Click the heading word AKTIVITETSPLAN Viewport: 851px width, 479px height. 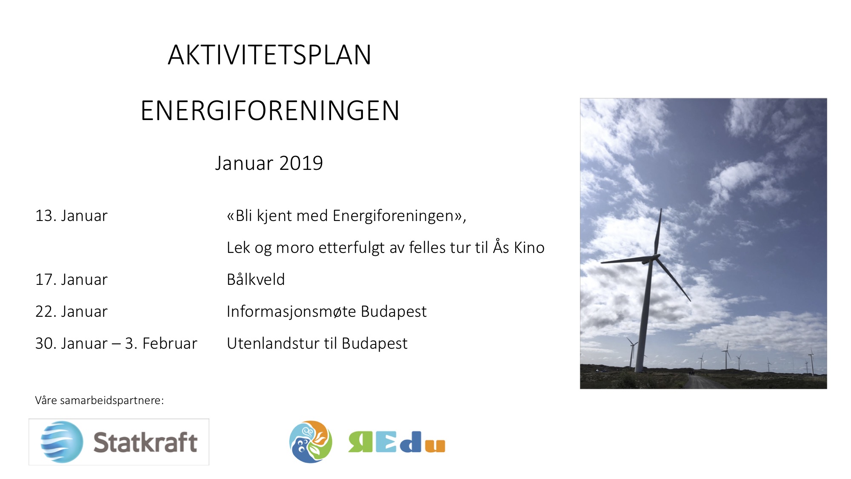269,55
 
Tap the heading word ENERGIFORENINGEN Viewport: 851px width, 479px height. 270,111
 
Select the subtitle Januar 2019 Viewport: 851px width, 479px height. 269,163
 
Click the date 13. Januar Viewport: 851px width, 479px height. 71,216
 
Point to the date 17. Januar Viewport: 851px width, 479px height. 71,280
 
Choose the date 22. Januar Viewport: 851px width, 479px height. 71,312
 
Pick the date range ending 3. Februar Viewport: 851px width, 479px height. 116,344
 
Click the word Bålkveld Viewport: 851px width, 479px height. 256,280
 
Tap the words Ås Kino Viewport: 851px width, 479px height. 519,247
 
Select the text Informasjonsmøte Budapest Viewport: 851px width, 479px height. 326,312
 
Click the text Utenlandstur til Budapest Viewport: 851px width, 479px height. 317,344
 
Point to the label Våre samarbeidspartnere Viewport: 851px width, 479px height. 99,400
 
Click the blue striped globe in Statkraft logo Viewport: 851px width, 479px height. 62,442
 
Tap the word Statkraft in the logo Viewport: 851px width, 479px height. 145,442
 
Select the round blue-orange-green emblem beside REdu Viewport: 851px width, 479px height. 311,442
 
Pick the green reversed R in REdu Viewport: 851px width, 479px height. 360,442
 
